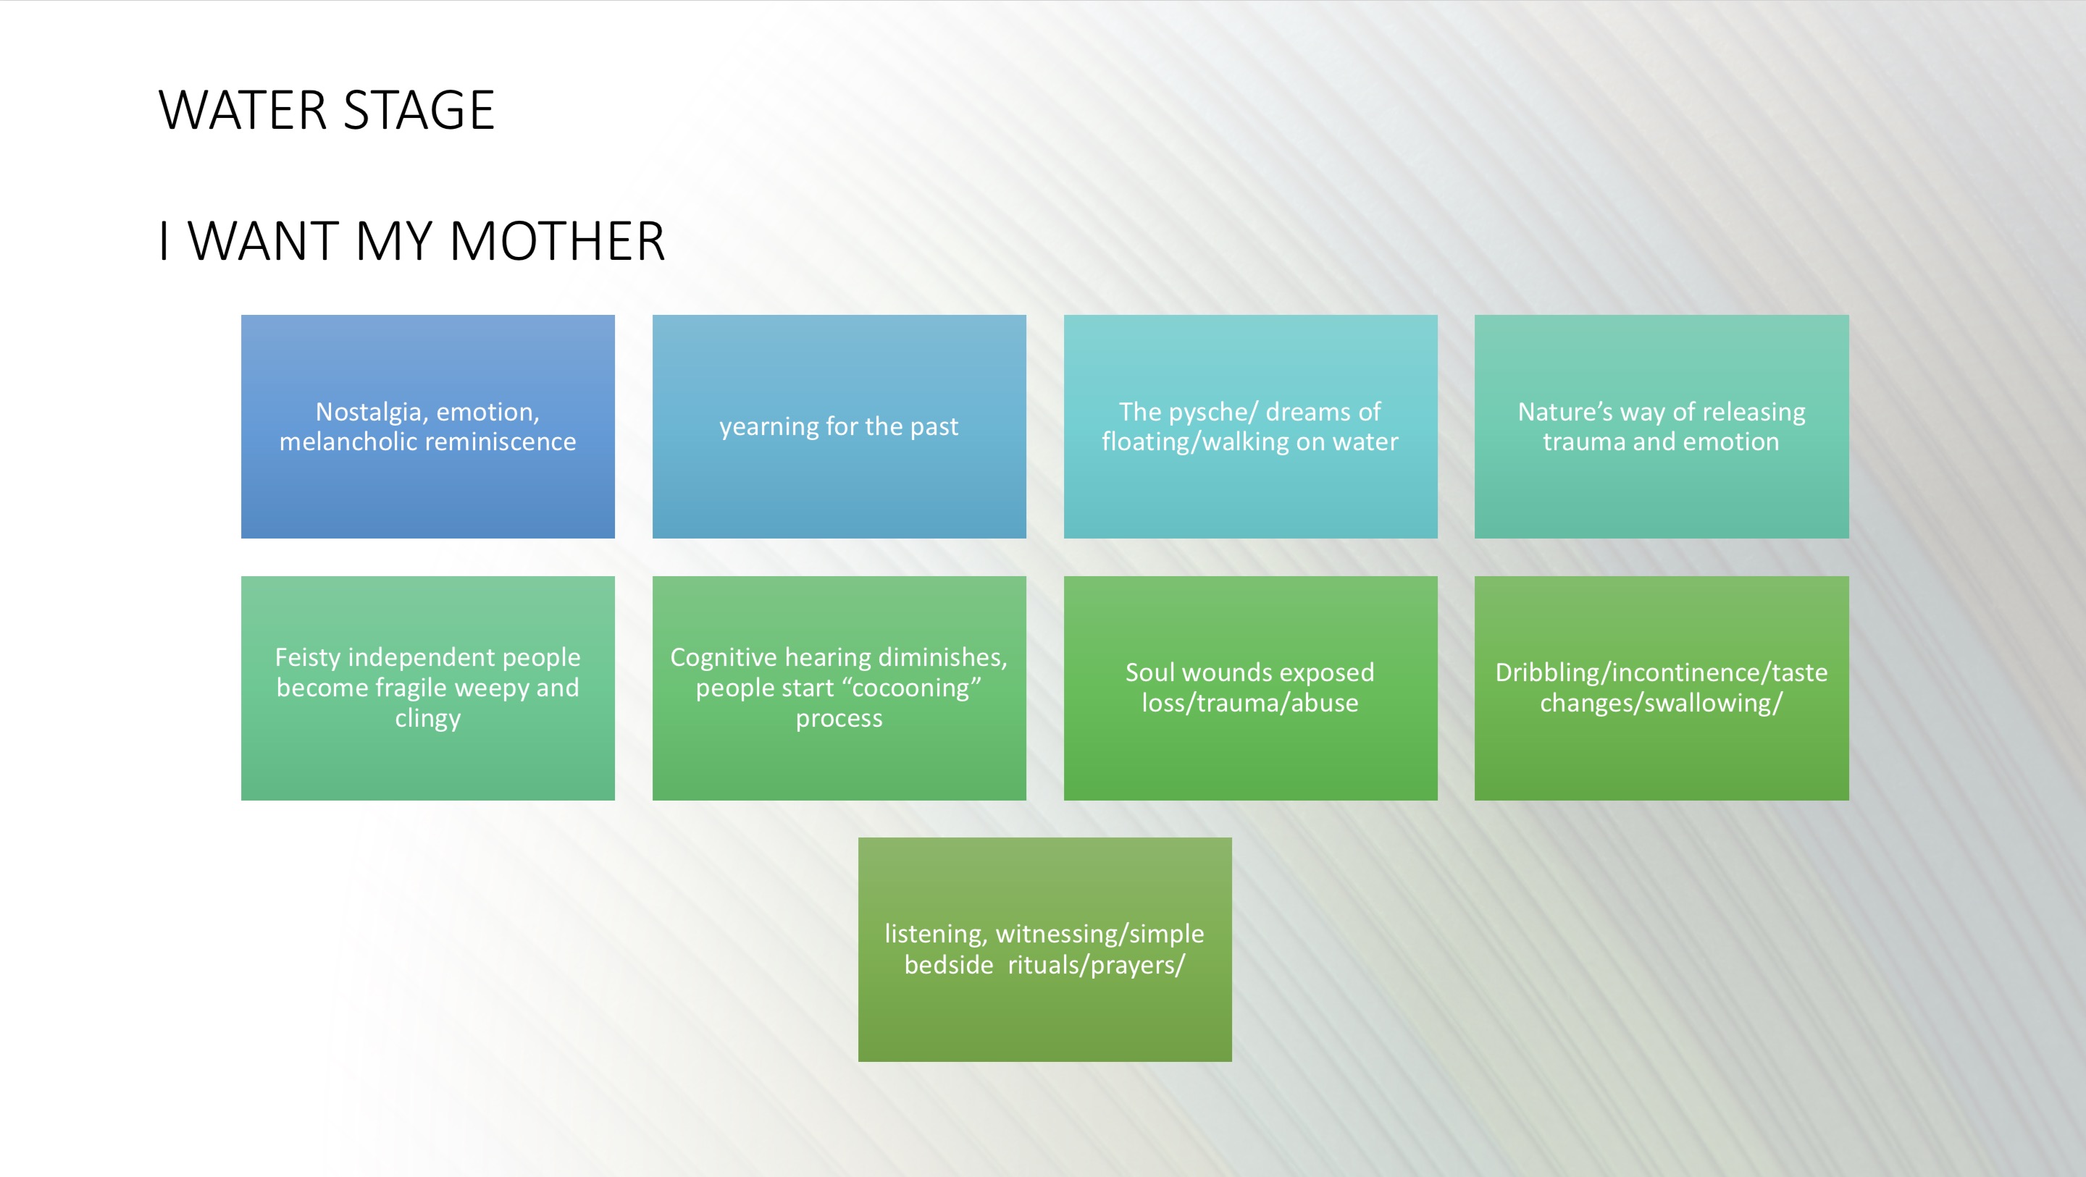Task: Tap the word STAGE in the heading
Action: tap(419, 111)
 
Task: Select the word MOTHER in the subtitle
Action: tap(557, 241)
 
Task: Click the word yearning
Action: tap(769, 427)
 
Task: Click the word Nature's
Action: tap(1565, 412)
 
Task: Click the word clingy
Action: tap(427, 719)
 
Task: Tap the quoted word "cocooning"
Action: tap(911, 688)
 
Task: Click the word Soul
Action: tap(1151, 672)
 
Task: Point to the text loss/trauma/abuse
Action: tap(1250, 704)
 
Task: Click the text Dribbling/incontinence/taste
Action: tap(1662, 672)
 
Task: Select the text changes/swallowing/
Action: tap(1662, 704)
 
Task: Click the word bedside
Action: tap(949, 965)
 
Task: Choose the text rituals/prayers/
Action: tap(1097, 966)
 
